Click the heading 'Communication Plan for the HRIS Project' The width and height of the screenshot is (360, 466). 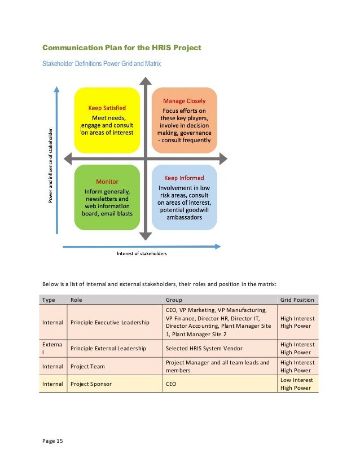point(122,47)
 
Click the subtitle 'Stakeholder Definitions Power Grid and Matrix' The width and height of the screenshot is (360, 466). point(102,64)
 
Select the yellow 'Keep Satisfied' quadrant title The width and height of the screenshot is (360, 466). point(107,107)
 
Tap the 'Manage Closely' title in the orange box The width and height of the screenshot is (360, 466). point(185,100)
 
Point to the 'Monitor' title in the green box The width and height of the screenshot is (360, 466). point(107,182)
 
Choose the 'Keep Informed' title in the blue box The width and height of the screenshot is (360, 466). point(184,178)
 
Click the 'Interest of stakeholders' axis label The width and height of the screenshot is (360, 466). point(142,253)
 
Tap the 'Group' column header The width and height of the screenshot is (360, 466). point(174,300)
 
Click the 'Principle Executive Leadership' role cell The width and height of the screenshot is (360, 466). point(110,322)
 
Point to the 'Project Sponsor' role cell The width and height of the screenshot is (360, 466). point(91,384)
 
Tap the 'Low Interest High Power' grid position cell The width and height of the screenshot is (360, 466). point(297,384)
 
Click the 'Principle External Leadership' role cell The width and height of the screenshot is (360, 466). point(108,349)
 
